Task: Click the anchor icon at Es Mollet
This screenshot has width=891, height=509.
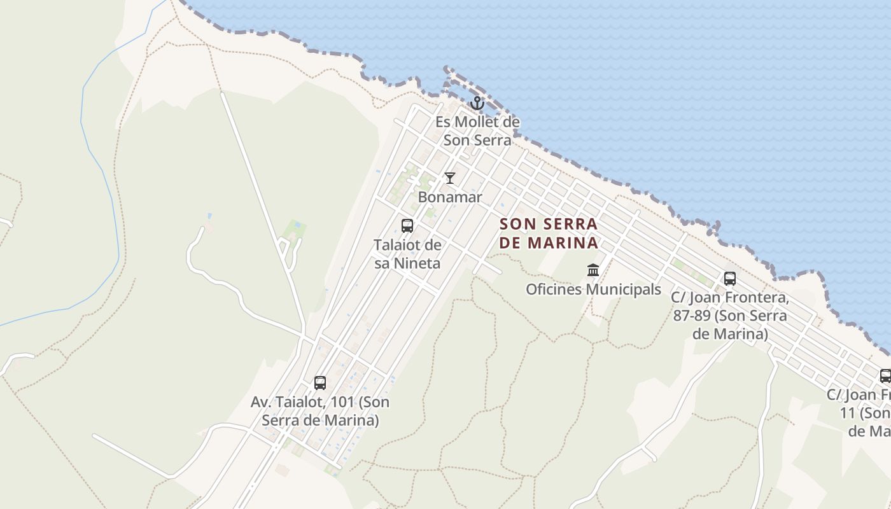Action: [x=477, y=103]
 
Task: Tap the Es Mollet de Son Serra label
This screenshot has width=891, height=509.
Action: [x=477, y=131]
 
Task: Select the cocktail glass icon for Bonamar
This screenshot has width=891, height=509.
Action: [x=450, y=178]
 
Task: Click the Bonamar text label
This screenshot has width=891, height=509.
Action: [x=450, y=197]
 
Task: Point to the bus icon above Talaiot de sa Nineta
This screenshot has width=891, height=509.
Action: [x=407, y=226]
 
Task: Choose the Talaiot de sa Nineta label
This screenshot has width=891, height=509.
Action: [x=407, y=254]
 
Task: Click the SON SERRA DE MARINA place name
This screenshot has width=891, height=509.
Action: [x=549, y=234]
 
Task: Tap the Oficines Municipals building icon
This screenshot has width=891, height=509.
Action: [x=593, y=270]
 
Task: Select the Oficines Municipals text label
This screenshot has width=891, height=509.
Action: [x=593, y=289]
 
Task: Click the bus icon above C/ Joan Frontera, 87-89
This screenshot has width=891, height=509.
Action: [x=730, y=279]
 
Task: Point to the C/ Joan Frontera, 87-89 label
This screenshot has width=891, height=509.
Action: [x=730, y=316]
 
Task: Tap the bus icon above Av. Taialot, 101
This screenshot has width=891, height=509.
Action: [x=320, y=383]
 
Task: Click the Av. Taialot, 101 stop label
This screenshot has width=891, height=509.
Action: [x=320, y=411]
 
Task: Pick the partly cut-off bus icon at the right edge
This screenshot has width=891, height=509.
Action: [x=885, y=375]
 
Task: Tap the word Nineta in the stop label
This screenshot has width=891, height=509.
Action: [x=417, y=263]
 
